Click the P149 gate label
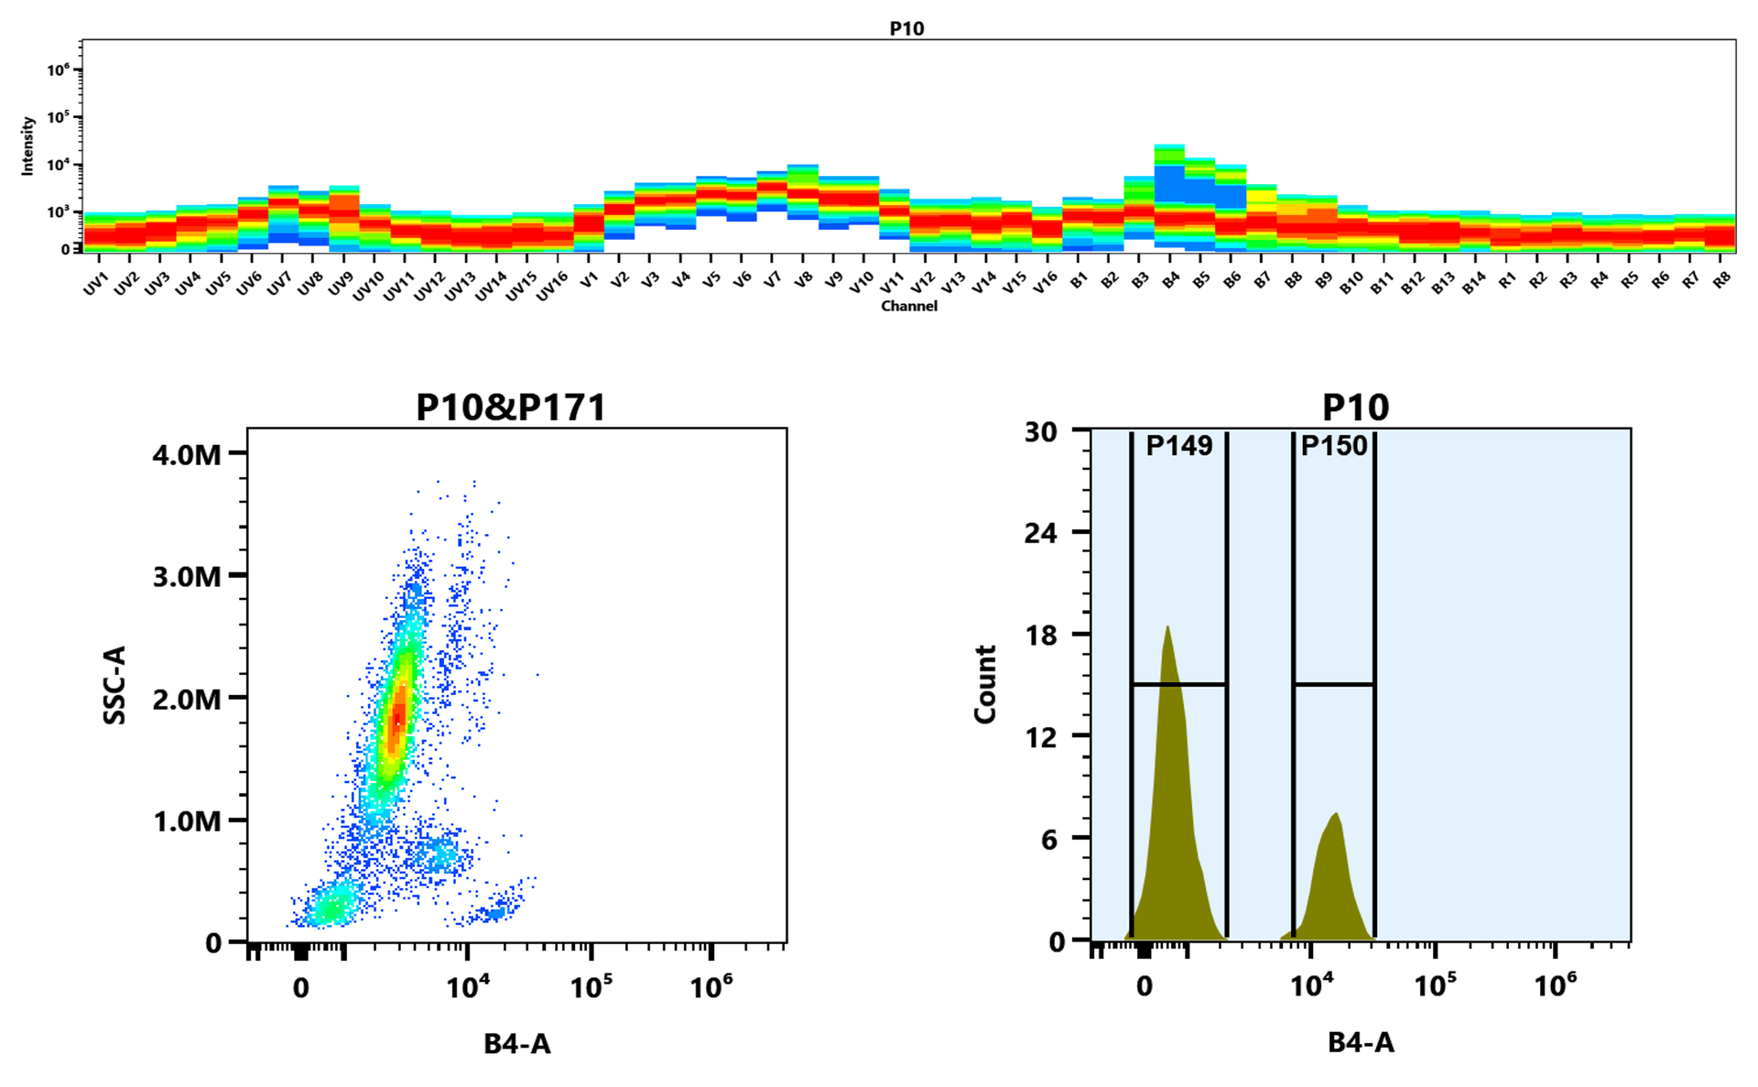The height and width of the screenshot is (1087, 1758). tap(1178, 446)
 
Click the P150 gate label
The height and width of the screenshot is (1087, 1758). tap(1333, 446)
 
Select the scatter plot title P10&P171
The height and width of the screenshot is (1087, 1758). tap(511, 408)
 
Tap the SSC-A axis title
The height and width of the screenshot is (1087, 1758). tap(115, 685)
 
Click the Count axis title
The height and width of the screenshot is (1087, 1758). tap(985, 684)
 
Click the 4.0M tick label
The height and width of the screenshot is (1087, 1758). tap(187, 454)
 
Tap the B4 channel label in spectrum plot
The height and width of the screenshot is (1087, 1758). tap(1170, 280)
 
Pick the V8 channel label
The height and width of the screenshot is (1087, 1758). tap(802, 280)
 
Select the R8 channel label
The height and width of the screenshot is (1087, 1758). tap(1721, 280)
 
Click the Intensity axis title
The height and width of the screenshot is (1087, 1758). tap(27, 145)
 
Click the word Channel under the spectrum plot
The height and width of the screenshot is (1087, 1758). tap(908, 306)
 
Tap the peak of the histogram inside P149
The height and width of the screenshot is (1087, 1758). tap(1167, 627)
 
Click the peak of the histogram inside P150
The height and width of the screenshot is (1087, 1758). tap(1337, 814)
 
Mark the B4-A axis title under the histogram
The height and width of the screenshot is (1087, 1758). tap(1361, 1042)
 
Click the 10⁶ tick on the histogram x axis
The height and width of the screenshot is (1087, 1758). tap(1555, 986)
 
